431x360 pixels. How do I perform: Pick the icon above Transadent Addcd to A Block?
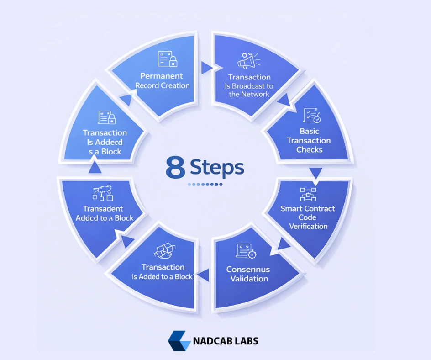click(103, 193)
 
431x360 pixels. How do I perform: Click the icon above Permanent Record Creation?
click(167, 59)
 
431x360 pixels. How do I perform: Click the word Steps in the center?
click(217, 168)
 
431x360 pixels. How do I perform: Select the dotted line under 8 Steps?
click(205, 185)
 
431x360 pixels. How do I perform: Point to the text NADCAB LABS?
click(226, 341)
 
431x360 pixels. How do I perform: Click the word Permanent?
click(161, 76)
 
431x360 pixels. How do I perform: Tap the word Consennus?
click(248, 270)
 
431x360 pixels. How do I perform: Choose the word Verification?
click(308, 226)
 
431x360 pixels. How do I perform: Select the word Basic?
click(310, 131)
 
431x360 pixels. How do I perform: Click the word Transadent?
click(103, 209)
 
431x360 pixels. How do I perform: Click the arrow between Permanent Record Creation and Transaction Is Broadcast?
click(206, 68)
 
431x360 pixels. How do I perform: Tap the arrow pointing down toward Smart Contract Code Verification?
click(315, 173)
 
